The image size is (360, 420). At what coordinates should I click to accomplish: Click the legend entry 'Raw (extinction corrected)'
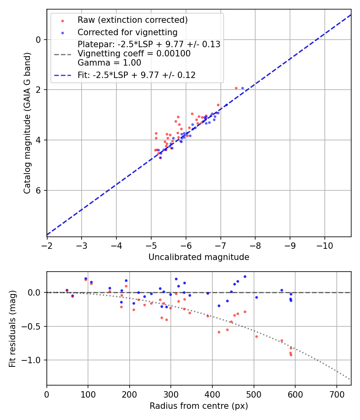132,20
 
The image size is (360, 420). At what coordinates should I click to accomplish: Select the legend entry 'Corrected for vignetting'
128,32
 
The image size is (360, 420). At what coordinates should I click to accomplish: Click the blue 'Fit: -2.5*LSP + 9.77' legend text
136,75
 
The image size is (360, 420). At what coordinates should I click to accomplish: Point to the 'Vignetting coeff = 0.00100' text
134,54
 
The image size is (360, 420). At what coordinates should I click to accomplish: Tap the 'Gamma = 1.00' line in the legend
109,63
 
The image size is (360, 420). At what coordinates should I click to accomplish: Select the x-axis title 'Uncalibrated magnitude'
199,257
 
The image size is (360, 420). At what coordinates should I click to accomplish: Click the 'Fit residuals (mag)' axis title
12,328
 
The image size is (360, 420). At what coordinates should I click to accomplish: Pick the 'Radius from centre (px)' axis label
199,406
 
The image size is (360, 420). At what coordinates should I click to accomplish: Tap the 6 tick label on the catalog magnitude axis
38,190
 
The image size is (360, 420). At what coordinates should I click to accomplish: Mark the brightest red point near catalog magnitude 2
236,88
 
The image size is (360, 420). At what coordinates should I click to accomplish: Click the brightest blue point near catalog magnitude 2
242,88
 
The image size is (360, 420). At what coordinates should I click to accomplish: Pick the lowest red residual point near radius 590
291,355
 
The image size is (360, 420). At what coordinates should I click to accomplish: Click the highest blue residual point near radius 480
245,276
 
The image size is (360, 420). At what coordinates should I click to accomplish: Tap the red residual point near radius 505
256,336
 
